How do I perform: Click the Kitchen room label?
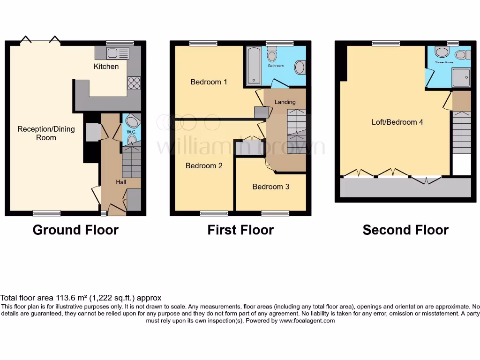pos(106,67)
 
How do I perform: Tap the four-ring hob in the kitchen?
pos(134,82)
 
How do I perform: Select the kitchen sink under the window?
pos(114,52)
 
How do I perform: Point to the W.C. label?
pos(131,132)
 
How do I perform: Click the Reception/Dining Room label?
pos(46,133)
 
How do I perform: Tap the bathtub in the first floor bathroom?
pos(252,66)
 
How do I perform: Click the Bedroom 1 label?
pos(209,82)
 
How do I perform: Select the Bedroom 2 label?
pos(204,165)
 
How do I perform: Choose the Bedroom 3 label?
pos(271,187)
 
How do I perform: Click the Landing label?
pos(285,102)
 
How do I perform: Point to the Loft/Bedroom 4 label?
pos(397,122)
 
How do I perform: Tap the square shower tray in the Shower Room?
pos(460,77)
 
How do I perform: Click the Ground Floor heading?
pos(75,230)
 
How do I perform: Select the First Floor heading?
pos(240,230)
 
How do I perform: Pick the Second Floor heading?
pos(405,230)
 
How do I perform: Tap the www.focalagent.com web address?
pos(307,321)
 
